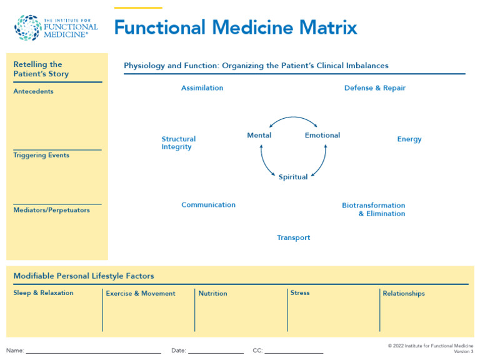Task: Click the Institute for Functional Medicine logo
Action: point(56,28)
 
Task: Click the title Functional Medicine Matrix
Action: point(236,27)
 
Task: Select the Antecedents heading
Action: point(33,91)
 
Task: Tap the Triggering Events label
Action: point(41,155)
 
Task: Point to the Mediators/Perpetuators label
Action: point(51,210)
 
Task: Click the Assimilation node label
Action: point(202,88)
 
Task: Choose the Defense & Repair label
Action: point(374,88)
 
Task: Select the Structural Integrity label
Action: point(178,143)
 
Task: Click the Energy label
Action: point(409,139)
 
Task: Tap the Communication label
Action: point(208,205)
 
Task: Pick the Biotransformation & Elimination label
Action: point(374,209)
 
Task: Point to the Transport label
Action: point(293,237)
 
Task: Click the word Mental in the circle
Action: point(259,136)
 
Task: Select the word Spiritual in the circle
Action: point(293,177)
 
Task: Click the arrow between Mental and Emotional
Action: point(293,118)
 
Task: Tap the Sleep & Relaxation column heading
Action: point(43,292)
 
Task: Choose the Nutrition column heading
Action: point(212,293)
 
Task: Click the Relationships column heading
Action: point(403,293)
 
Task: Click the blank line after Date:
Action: point(216,351)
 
